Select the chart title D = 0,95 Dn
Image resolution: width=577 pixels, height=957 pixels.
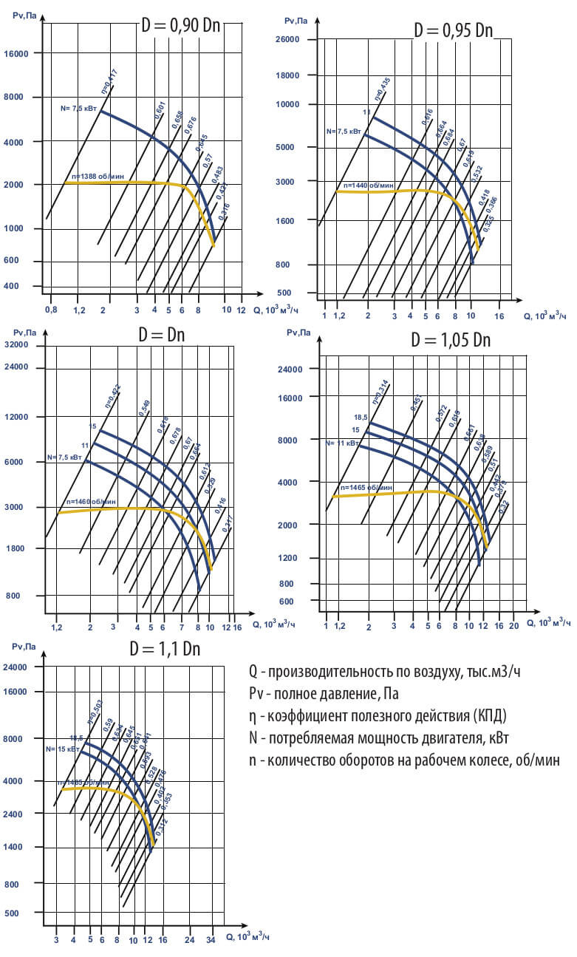(x=453, y=30)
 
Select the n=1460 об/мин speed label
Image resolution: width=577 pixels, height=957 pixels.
(x=91, y=501)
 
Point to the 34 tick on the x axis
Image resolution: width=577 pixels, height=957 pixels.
(x=211, y=941)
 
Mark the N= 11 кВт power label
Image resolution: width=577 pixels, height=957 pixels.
(x=343, y=443)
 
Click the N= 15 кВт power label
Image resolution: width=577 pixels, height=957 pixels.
(x=62, y=749)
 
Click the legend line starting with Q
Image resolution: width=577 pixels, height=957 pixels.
(x=389, y=672)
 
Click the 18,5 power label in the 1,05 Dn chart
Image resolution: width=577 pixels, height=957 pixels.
(x=361, y=418)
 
